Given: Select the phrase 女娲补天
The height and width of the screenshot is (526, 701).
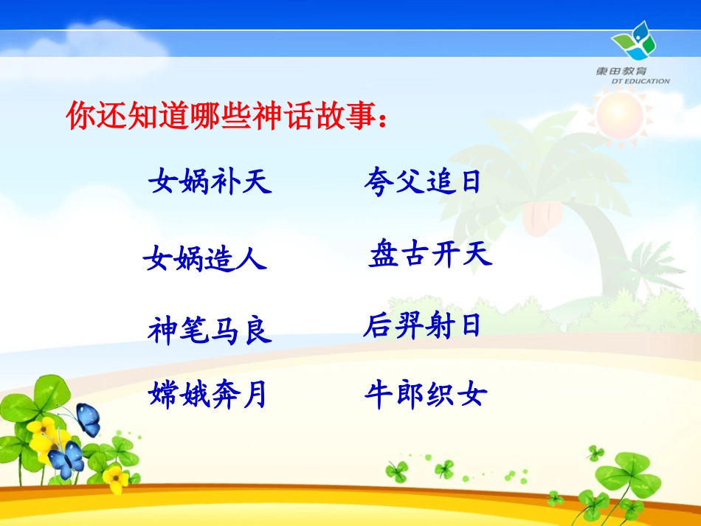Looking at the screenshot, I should (210, 181).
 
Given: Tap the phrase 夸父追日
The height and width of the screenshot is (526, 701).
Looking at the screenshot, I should (422, 181).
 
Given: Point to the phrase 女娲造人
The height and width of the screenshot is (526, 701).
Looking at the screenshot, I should (205, 259).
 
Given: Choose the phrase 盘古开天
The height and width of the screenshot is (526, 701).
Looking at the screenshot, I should (430, 255).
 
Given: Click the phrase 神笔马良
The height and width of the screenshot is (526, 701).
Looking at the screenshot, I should (210, 330).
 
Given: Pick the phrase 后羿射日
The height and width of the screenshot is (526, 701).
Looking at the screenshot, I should (422, 325).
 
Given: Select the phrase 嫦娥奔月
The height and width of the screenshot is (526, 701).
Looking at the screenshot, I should (207, 395).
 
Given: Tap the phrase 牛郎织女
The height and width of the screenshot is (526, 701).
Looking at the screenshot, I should (426, 395).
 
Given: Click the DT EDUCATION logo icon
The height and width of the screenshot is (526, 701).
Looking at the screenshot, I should (634, 41).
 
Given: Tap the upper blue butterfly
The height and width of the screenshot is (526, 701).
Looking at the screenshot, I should (88, 419).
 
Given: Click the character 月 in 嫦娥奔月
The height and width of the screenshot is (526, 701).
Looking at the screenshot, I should (253, 395).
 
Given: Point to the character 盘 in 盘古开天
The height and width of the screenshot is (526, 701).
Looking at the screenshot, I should (384, 255).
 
